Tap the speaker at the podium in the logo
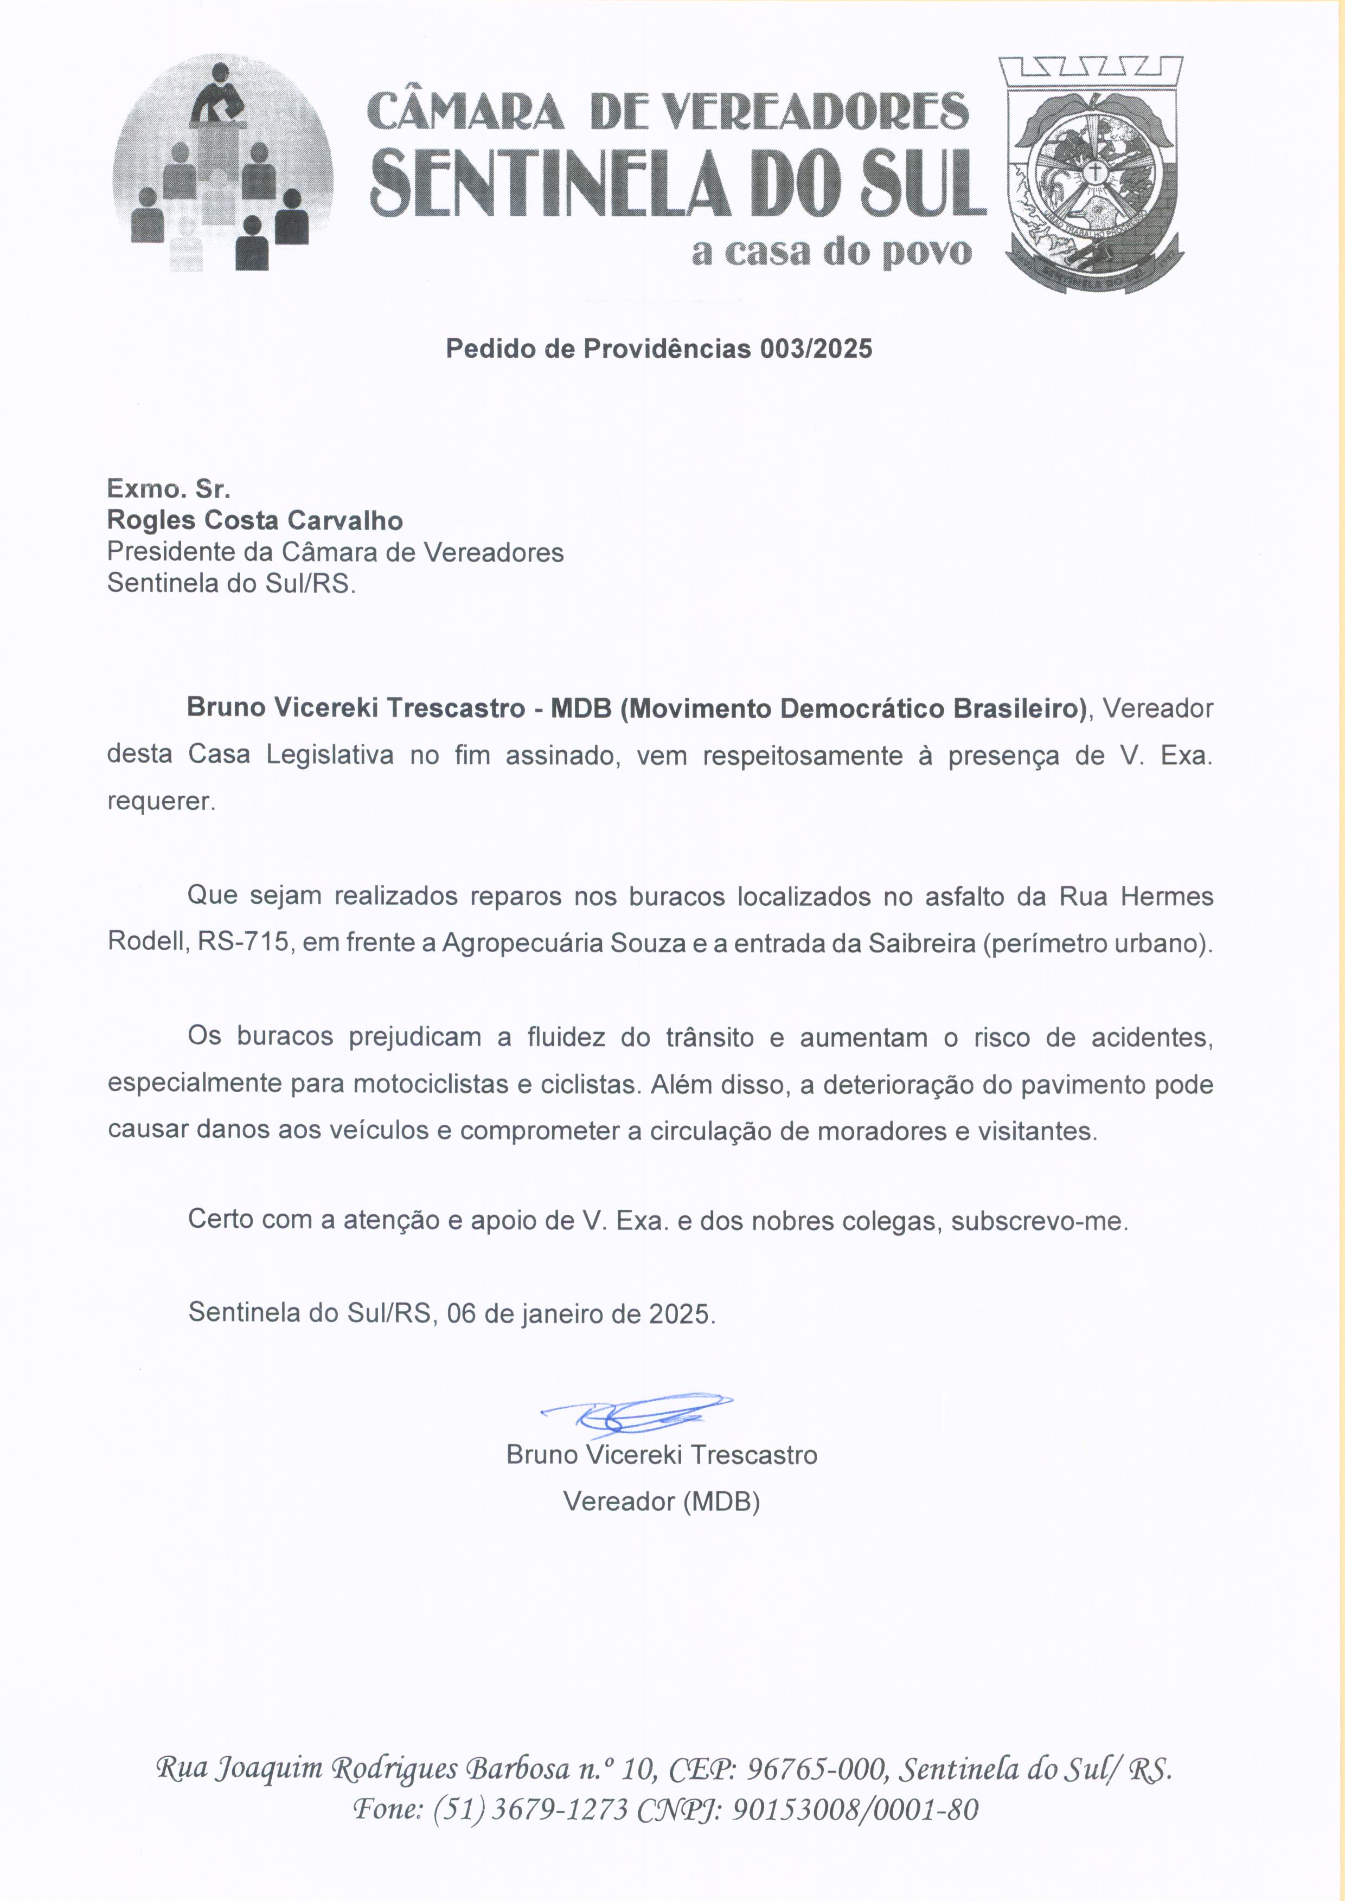[x=219, y=96]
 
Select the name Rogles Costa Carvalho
[x=255, y=521]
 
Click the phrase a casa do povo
[x=831, y=252]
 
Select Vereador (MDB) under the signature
[x=662, y=1501]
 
